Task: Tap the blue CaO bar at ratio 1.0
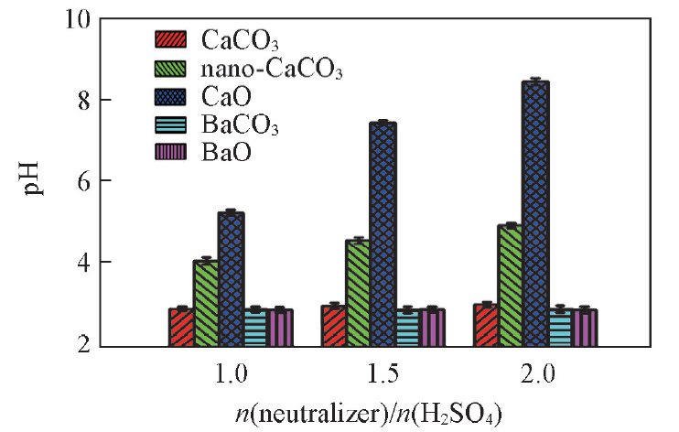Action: [231, 279]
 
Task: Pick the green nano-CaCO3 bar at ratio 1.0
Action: [206, 303]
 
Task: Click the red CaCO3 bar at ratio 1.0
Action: [181, 327]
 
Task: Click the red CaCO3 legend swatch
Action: [169, 40]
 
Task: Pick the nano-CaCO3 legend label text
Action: [264, 69]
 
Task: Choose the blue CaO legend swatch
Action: [169, 95]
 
